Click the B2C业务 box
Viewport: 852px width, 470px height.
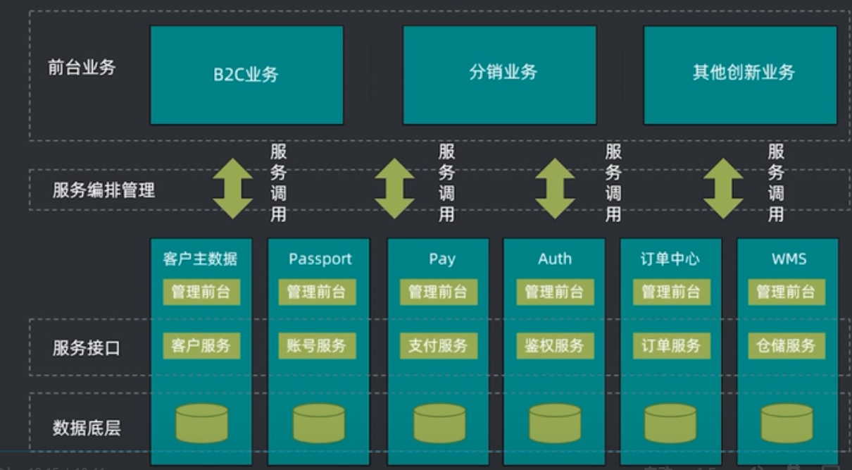tap(246, 75)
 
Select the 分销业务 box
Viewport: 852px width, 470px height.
tap(499, 75)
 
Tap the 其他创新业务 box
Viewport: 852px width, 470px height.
tap(740, 75)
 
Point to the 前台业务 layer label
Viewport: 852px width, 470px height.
tap(82, 68)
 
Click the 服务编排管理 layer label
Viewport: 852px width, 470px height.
tap(104, 190)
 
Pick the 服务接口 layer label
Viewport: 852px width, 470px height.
tap(87, 347)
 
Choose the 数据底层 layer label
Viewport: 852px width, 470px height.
tap(87, 427)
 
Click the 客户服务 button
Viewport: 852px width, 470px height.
tap(201, 346)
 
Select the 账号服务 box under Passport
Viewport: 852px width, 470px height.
tap(317, 346)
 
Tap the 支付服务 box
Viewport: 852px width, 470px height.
tap(438, 346)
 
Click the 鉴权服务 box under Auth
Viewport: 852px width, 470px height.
tap(554, 346)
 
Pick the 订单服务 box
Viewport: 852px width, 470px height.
tap(671, 346)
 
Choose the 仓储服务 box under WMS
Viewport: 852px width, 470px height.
tap(787, 346)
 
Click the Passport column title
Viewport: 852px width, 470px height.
tap(320, 259)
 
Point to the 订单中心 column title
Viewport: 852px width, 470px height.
tap(670, 259)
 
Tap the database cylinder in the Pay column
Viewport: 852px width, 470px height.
tap(439, 423)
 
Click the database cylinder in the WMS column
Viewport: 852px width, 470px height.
tap(787, 423)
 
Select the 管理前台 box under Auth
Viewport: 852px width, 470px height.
tap(554, 292)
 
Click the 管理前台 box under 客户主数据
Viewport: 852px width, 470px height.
tap(201, 292)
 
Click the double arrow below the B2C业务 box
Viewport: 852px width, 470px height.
tap(233, 189)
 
